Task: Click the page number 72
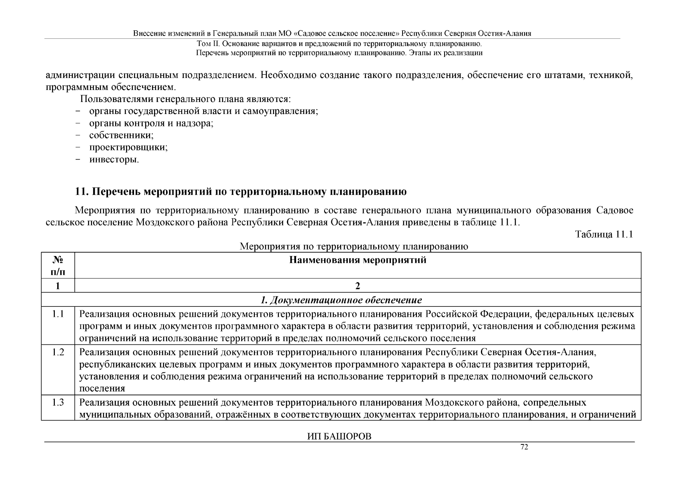click(x=524, y=447)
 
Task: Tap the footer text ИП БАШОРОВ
click(x=339, y=436)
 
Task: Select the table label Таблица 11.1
click(x=604, y=234)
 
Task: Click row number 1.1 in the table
click(x=58, y=314)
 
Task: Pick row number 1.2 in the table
click(x=58, y=353)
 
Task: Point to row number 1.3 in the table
click(x=58, y=402)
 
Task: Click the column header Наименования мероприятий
click(x=358, y=260)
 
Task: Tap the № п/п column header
click(x=58, y=266)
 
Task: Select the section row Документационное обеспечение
click(x=341, y=300)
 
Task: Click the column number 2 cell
click(x=358, y=286)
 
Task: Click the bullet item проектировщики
click(x=128, y=147)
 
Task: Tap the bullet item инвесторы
click(x=114, y=160)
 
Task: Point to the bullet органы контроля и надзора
click(x=151, y=123)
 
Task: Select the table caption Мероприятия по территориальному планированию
click(x=354, y=246)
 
